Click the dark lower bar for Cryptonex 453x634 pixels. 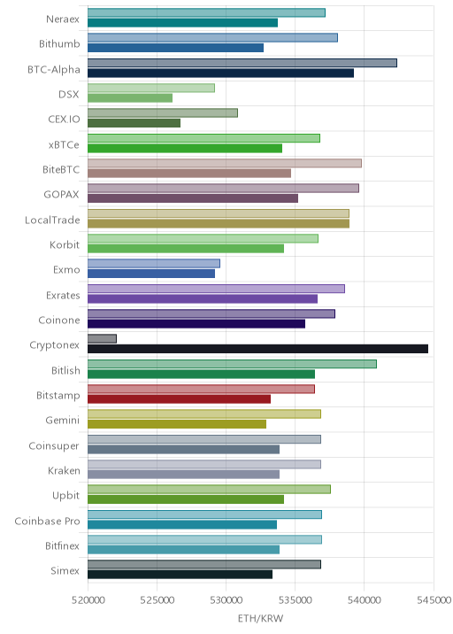(x=257, y=349)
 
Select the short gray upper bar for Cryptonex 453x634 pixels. (x=103, y=339)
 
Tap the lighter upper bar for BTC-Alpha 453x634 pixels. (x=242, y=63)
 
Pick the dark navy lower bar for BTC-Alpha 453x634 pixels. (x=220, y=73)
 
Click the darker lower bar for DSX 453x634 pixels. (x=130, y=98)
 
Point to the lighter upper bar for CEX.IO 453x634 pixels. (x=163, y=112)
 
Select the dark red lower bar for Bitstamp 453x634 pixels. (x=179, y=399)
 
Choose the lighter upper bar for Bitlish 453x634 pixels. (x=233, y=364)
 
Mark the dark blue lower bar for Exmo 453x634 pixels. (x=151, y=274)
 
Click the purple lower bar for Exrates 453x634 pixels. (x=203, y=298)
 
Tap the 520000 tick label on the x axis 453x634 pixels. (x=88, y=600)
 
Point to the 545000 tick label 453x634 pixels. (x=434, y=600)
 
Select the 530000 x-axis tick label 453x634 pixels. (x=226, y=600)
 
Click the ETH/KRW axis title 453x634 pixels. (x=261, y=619)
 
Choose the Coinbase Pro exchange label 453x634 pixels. (x=47, y=522)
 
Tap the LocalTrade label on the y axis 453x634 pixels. (x=52, y=220)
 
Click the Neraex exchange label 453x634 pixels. (x=63, y=19)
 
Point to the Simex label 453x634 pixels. (x=65, y=570)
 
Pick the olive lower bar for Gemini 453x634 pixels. (x=177, y=424)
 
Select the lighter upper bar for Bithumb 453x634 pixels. (x=212, y=37)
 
